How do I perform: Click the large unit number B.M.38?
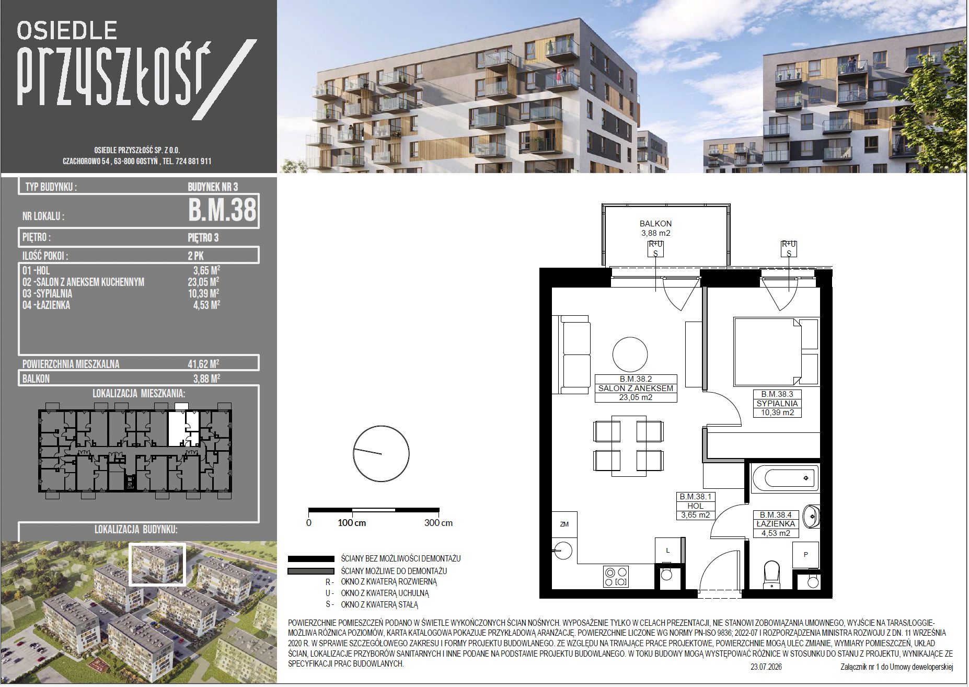click(222, 210)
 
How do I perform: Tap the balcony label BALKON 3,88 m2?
click(655, 228)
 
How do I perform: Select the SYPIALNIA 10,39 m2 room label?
click(777, 404)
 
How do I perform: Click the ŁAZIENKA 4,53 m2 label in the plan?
click(776, 524)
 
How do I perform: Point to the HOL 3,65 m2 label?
click(695, 506)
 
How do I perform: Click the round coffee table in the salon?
click(630, 354)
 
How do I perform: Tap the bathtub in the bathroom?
click(785, 478)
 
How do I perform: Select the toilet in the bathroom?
click(772, 574)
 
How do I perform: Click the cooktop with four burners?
click(616, 577)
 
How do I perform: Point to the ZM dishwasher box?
click(564, 524)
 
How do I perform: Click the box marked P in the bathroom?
click(805, 555)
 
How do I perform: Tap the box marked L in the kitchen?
click(668, 550)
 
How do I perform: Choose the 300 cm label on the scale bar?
click(439, 523)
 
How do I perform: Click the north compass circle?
click(381, 453)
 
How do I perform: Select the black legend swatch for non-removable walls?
click(311, 559)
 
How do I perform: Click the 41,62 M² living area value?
click(203, 364)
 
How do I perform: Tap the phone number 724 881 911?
click(193, 161)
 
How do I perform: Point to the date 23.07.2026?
click(766, 667)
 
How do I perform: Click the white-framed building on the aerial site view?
click(157, 564)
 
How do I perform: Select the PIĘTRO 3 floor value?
click(203, 238)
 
